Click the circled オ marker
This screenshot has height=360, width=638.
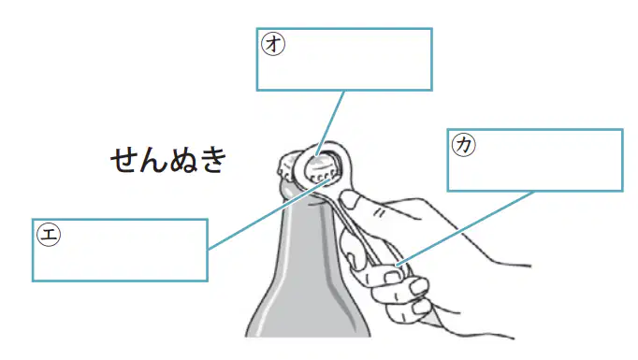point(273,44)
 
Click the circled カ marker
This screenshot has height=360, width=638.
point(464,145)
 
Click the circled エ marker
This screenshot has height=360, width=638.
point(49,235)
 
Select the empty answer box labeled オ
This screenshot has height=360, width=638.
point(344,60)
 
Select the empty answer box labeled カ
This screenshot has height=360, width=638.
point(535,160)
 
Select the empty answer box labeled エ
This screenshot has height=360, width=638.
point(120,251)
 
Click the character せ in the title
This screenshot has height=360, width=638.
point(124,160)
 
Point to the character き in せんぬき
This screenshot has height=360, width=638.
point(212,160)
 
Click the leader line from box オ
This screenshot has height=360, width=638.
point(330,123)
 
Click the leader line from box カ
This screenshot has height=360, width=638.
point(466,228)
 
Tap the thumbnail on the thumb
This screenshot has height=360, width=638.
point(349,199)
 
